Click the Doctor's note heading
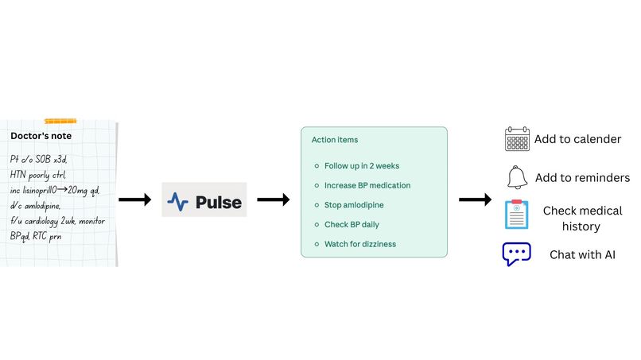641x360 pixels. tap(41, 136)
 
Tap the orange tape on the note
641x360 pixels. tap(60, 121)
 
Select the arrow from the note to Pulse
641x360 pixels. tap(134, 200)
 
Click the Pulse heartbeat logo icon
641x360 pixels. tap(177, 201)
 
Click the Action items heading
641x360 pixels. tap(334, 140)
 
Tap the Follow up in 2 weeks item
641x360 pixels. tap(361, 166)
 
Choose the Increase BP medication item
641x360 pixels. tap(367, 185)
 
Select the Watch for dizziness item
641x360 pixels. tap(359, 243)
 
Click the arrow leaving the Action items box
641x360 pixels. tap(476, 200)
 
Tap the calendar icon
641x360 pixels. tap(517, 139)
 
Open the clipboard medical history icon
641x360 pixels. tap(517, 215)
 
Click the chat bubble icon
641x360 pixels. tap(517, 254)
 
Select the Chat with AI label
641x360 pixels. tap(582, 255)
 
